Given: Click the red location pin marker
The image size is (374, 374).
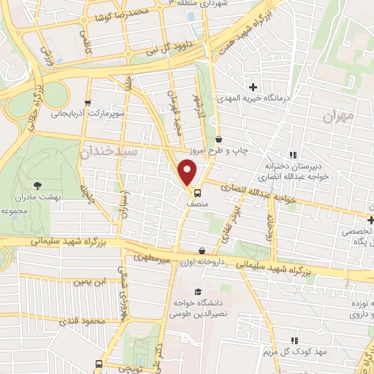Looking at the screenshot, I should point(188,173).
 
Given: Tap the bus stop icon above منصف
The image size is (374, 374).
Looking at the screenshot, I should point(197,194).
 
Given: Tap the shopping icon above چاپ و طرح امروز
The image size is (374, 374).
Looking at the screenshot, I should point(218,139).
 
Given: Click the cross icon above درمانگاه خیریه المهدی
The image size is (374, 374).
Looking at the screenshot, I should point(253,87).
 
